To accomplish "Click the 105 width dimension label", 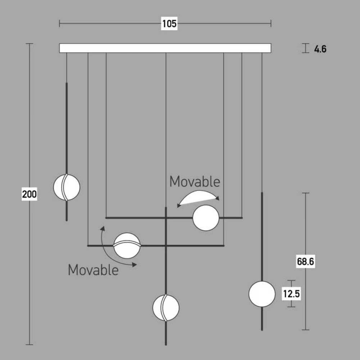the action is [170, 24].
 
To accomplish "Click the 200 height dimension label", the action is [30, 194].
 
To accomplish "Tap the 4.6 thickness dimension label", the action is [320, 49].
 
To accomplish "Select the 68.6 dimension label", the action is [305, 261].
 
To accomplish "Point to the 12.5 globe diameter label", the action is [291, 294].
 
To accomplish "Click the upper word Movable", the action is [195, 181].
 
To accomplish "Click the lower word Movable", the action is [93, 270].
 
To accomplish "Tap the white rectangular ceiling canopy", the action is [165, 48].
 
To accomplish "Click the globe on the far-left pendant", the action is [67, 187].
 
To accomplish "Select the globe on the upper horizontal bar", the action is [206, 218].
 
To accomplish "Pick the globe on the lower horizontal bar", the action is [127, 246].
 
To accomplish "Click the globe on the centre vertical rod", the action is [166, 308].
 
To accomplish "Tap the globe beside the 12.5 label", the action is [262, 294].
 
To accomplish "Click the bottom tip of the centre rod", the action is [166, 345].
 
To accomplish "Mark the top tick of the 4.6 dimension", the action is [305, 44].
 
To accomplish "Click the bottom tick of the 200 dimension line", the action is [30, 345].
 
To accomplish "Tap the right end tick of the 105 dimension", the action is [271, 23].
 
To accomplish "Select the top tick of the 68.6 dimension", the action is [305, 193].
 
